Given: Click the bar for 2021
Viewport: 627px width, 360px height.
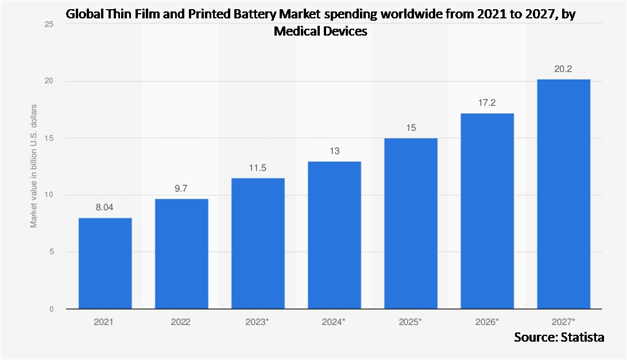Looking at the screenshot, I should pyautogui.click(x=105, y=263).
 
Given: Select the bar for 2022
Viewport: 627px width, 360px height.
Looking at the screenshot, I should pyautogui.click(x=181, y=254).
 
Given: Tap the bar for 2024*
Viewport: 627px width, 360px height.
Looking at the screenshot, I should pyautogui.click(x=334, y=235).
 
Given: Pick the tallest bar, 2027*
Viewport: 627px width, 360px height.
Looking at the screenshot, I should pyautogui.click(x=563, y=194).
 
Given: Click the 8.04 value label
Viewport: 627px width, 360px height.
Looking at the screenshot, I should pyautogui.click(x=105, y=208).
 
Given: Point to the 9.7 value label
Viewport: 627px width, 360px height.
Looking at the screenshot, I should pyautogui.click(x=181, y=189).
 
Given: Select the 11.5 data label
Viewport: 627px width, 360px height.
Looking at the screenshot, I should pyautogui.click(x=258, y=168).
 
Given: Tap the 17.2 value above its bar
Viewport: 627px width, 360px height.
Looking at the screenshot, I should pyautogui.click(x=487, y=103).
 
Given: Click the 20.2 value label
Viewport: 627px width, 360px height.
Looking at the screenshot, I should pyautogui.click(x=563, y=69).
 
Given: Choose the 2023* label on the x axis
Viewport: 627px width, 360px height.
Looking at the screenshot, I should pyautogui.click(x=258, y=323).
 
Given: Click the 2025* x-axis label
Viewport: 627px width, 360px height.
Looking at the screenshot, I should pyautogui.click(x=411, y=323).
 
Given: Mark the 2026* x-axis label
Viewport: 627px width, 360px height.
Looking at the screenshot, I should pyautogui.click(x=487, y=323).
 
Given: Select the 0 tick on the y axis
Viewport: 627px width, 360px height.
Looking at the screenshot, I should pyautogui.click(x=51, y=309).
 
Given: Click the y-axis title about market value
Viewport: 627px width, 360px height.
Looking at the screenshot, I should pyautogui.click(x=34, y=166).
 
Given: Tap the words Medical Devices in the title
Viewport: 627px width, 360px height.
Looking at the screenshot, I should pyautogui.click(x=320, y=32).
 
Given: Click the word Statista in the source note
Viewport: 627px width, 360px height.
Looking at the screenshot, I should pyautogui.click(x=582, y=337).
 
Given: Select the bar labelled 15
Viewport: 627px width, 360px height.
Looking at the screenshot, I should pyautogui.click(x=411, y=223).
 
